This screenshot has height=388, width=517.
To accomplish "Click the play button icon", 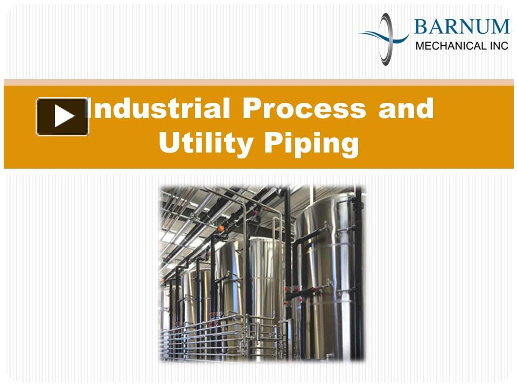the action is [62, 116].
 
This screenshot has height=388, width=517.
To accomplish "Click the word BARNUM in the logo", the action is [462, 27].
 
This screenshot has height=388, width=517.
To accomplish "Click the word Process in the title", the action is [304, 108].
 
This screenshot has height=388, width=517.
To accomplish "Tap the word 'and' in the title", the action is [406, 108].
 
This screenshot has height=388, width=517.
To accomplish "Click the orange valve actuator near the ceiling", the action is [221, 228].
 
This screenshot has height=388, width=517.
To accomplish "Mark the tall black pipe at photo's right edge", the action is [359, 274].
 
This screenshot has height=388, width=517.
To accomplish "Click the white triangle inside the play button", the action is [64, 116].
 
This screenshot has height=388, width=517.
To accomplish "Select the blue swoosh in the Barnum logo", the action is [384, 36].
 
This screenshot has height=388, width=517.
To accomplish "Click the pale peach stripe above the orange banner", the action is [258, 82].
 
